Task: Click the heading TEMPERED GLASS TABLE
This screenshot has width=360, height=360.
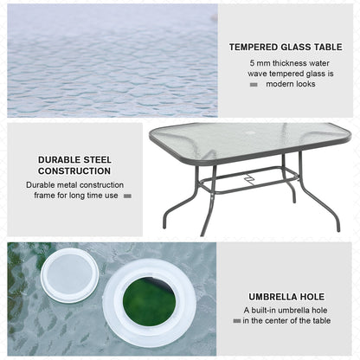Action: pyautogui.click(x=286, y=48)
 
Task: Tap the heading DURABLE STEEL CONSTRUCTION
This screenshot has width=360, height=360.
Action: pyautogui.click(x=74, y=165)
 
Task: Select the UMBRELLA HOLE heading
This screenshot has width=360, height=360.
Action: pyautogui.click(x=286, y=295)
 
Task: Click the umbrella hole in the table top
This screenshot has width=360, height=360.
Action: pyautogui.click(x=251, y=137)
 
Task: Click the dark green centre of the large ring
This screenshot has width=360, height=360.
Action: pyautogui.click(x=148, y=301)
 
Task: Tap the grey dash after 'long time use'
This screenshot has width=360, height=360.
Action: pyautogui.click(x=127, y=196)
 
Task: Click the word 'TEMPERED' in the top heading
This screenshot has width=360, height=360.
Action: pyautogui.click(x=254, y=48)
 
